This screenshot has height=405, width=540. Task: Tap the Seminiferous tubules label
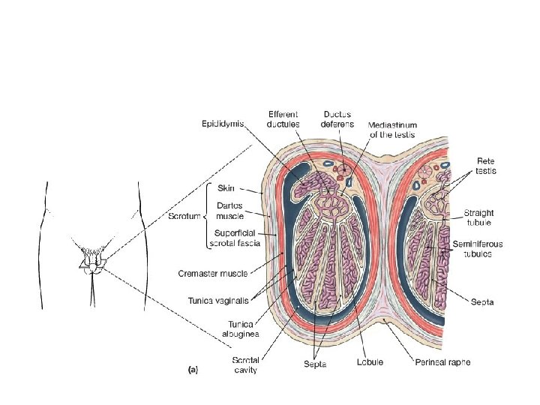(478, 249)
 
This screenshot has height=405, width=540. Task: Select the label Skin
(226, 188)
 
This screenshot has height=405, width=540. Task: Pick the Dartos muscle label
(228, 209)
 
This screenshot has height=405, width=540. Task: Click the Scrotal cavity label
(246, 365)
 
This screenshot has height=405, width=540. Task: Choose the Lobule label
(370, 362)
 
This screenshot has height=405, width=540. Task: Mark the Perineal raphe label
(443, 362)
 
